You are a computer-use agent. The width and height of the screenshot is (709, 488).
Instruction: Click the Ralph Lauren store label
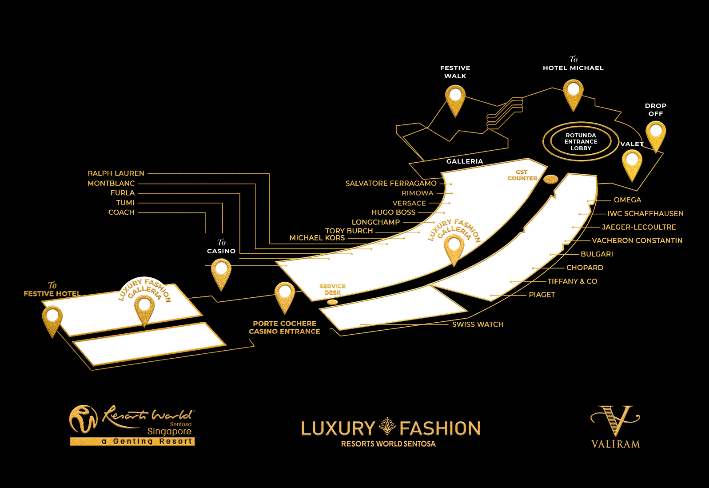(x=116, y=173)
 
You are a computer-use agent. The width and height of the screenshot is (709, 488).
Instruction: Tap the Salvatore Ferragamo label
(x=391, y=183)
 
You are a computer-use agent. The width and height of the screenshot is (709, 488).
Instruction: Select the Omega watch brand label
(x=627, y=200)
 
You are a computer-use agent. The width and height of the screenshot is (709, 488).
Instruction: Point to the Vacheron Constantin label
(x=637, y=240)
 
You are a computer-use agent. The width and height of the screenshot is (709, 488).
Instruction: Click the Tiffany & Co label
(x=572, y=281)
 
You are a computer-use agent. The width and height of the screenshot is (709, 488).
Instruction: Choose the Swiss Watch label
(x=478, y=324)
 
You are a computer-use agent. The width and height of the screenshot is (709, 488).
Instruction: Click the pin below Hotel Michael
(x=573, y=92)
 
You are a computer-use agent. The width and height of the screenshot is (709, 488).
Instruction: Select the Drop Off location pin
(x=656, y=134)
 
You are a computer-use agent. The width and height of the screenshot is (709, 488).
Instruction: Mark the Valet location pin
(x=632, y=163)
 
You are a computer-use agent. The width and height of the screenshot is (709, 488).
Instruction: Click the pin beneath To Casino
(x=221, y=272)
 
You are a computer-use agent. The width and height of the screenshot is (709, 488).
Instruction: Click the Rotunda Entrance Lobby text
(x=581, y=142)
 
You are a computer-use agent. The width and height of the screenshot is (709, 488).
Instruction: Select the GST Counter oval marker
(x=551, y=179)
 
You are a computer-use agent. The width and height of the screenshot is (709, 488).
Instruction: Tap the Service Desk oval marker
(x=332, y=302)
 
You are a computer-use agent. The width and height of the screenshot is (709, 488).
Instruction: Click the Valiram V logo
(x=616, y=420)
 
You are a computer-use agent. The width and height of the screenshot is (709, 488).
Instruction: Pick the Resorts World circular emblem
(x=83, y=419)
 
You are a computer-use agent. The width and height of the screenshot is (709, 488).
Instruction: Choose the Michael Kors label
(x=317, y=238)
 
